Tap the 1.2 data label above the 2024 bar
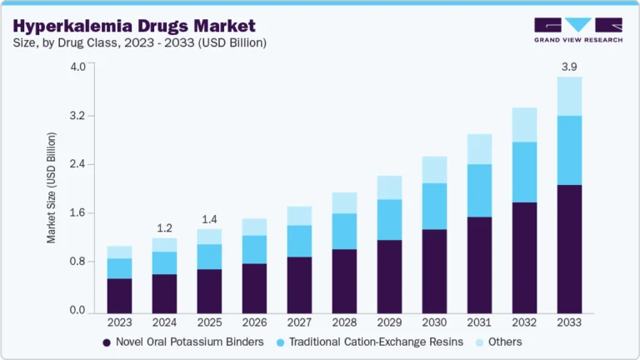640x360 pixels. (x=164, y=227)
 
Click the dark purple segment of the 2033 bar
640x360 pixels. (x=568, y=250)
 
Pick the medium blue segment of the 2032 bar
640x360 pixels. (x=524, y=172)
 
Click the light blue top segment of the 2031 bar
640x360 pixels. (x=479, y=149)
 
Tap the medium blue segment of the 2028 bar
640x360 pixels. (x=344, y=231)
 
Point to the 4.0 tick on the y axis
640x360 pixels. (x=77, y=67)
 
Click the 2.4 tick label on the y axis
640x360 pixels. (x=77, y=164)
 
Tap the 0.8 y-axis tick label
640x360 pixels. (x=77, y=262)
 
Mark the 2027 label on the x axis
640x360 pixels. (x=299, y=322)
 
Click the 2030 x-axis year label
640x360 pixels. (x=434, y=322)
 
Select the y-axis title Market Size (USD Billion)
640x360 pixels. (x=52, y=187)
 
